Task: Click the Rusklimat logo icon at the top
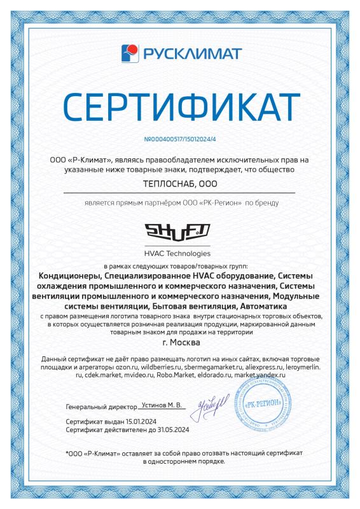131,51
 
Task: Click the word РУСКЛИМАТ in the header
190,51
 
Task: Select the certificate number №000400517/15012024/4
180,137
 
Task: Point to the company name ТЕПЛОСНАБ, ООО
180,183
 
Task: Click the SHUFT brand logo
180,232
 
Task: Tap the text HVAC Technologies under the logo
180,253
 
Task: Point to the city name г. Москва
180,344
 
